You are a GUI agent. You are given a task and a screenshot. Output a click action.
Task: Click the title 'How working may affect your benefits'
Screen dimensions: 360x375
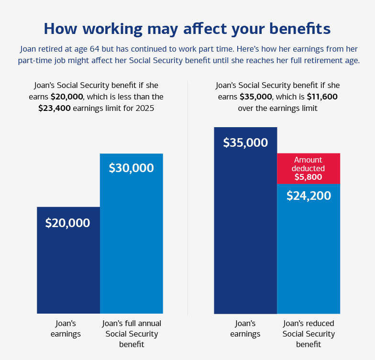[x=187, y=29]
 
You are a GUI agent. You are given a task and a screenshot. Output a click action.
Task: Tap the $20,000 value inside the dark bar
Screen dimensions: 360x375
[x=67, y=223]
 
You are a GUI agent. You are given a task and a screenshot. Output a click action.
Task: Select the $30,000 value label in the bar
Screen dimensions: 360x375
[x=131, y=168]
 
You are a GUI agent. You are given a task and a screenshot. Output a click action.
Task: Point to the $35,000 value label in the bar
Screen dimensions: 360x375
[x=245, y=142]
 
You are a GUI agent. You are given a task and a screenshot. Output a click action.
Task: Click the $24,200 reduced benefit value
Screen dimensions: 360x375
[x=309, y=196]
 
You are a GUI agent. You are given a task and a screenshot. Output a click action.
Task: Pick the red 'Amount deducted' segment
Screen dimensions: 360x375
[x=309, y=168]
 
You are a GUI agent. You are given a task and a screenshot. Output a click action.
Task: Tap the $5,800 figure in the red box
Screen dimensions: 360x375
[x=309, y=177]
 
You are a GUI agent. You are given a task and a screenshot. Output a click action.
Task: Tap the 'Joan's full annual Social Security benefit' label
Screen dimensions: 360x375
[x=132, y=334]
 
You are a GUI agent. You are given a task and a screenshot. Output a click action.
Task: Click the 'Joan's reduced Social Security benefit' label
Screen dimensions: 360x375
[x=309, y=334]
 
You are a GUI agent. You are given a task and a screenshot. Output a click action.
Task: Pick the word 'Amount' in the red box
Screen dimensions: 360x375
[x=308, y=160]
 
